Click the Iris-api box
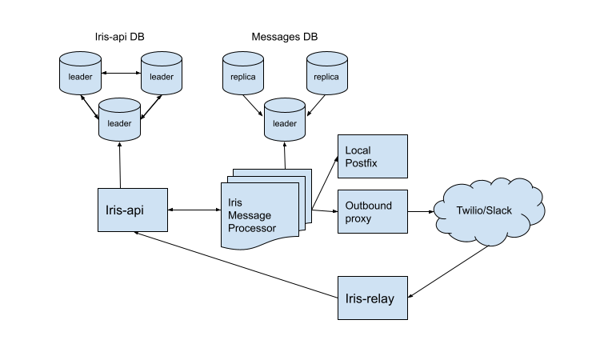click(132, 210)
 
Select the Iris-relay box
click(372, 298)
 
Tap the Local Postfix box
click(372, 156)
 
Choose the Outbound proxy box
click(372, 211)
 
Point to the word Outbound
click(368, 206)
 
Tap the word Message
click(250, 216)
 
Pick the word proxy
click(358, 218)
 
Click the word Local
click(358, 150)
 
